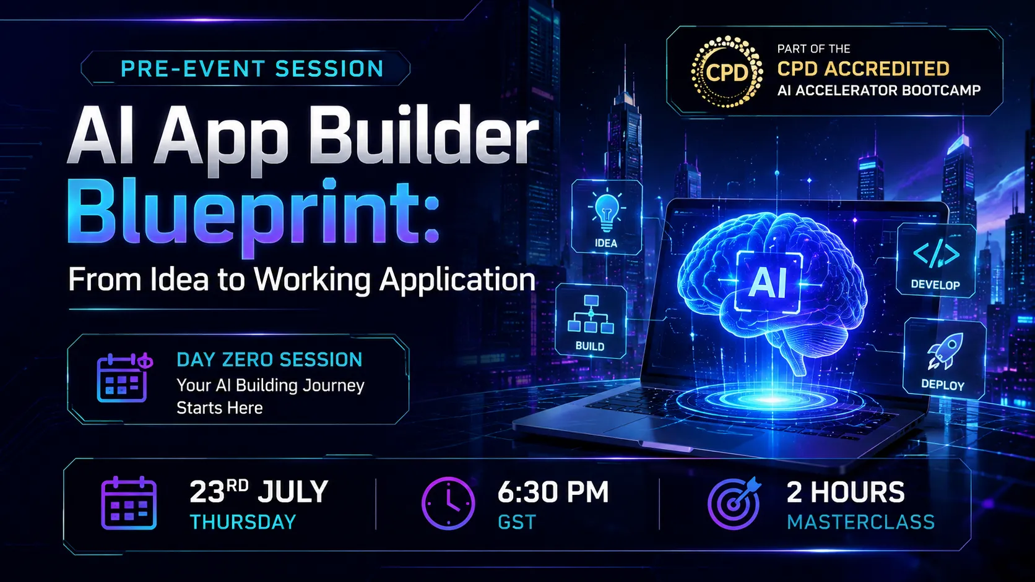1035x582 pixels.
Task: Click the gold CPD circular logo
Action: pos(727,72)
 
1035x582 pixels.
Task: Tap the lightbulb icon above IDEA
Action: pos(607,212)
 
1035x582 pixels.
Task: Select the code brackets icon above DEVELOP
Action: pos(936,254)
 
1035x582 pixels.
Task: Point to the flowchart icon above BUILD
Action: pos(591,314)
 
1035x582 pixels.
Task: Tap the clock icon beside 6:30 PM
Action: pos(448,503)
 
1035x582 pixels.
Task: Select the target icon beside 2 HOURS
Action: pos(734,503)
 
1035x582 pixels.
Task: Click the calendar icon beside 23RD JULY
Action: pos(129,503)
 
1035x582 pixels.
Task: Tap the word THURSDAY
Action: pos(243,522)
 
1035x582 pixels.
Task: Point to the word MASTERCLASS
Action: pos(861,522)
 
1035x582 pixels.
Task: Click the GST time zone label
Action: pos(517,522)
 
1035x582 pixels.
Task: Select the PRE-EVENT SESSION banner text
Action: pos(253,69)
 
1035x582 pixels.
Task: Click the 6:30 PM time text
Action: pos(553,492)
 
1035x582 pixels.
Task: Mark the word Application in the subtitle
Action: pos(457,280)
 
